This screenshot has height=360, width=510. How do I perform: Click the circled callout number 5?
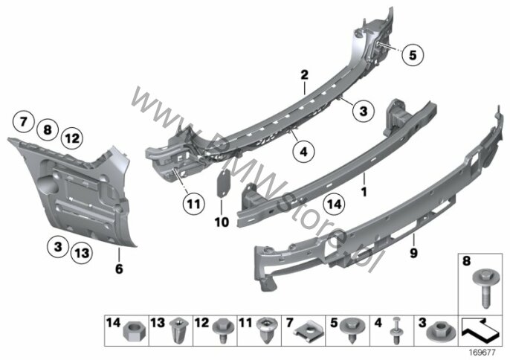pos(413,55)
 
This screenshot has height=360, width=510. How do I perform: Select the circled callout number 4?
pos(303,151)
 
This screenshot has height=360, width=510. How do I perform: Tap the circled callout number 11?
pos(194,204)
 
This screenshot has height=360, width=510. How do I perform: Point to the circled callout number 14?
pos(335,204)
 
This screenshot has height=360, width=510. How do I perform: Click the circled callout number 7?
pos(24,122)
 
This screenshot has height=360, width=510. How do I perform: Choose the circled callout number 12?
pos(72,138)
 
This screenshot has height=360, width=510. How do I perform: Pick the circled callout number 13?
pos(82,253)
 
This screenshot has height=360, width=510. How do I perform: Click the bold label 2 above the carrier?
pos(304,75)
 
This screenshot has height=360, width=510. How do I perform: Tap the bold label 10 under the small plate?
pos(222,222)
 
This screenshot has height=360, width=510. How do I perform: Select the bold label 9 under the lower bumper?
pos(413,253)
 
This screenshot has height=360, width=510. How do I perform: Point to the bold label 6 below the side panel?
pos(119,269)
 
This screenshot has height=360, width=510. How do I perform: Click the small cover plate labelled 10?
pos(223,184)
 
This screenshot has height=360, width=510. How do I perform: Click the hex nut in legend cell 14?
pos(133,332)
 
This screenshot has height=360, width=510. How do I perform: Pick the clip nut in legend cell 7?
pos(309,330)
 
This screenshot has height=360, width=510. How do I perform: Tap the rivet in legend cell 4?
pos(396,330)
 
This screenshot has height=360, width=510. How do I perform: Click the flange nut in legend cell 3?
pos(440,330)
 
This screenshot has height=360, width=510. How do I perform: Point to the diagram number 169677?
pos(482,352)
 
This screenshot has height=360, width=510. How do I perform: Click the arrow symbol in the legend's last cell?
pos(480,330)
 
